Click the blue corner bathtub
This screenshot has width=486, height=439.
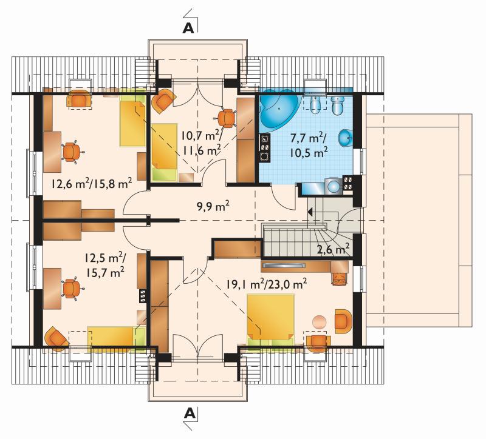[278, 109]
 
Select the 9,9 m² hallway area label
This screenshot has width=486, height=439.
[213, 206]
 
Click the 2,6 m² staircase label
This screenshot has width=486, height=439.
[334, 249]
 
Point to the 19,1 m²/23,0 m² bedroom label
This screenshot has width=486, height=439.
[266, 284]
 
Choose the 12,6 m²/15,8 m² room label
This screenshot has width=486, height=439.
[92, 184]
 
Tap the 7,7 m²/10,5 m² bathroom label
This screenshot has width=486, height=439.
[309, 144]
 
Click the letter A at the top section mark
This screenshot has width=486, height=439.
[188, 28]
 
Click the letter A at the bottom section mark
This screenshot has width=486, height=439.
[190, 413]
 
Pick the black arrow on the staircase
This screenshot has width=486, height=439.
[310, 212]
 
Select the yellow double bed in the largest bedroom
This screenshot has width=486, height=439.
[270, 320]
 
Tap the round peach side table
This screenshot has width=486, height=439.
[319, 322]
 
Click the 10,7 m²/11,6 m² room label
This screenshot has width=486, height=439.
[202, 142]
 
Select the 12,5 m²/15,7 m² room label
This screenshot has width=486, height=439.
[105, 264]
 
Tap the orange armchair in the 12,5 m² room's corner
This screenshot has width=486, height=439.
[56, 339]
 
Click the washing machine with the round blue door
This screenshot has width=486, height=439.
[334, 186]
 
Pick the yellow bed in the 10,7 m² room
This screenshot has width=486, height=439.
[165, 152]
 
